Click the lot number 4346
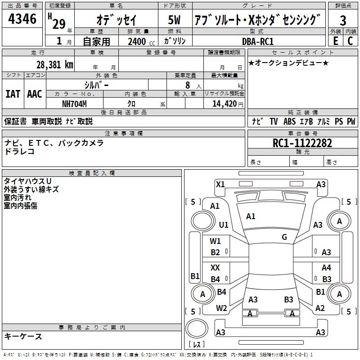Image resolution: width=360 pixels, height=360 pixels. point(22,19)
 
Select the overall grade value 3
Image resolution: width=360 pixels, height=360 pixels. point(343,21)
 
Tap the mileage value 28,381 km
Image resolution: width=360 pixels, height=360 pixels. point(54,64)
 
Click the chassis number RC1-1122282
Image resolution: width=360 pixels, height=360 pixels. point(302,143)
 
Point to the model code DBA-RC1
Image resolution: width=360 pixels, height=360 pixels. point(258,41)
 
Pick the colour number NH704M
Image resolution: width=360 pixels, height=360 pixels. point(74,104)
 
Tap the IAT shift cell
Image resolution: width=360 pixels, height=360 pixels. point(13,94)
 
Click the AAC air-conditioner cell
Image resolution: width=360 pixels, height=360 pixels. point(35,94)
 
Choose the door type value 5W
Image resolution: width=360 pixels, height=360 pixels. point(174,20)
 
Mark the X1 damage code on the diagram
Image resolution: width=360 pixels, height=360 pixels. point(220,184)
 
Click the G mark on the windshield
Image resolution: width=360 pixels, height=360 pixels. point(284,237)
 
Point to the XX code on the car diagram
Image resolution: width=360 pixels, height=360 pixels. point(215,267)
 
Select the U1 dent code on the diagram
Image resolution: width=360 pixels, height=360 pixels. point(224,225)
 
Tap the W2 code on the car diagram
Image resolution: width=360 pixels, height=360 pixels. point(221,308)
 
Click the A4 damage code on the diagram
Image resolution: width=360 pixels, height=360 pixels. point(326,267)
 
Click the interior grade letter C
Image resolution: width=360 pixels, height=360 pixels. point(350,41)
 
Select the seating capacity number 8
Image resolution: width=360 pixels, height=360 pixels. point(188,85)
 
